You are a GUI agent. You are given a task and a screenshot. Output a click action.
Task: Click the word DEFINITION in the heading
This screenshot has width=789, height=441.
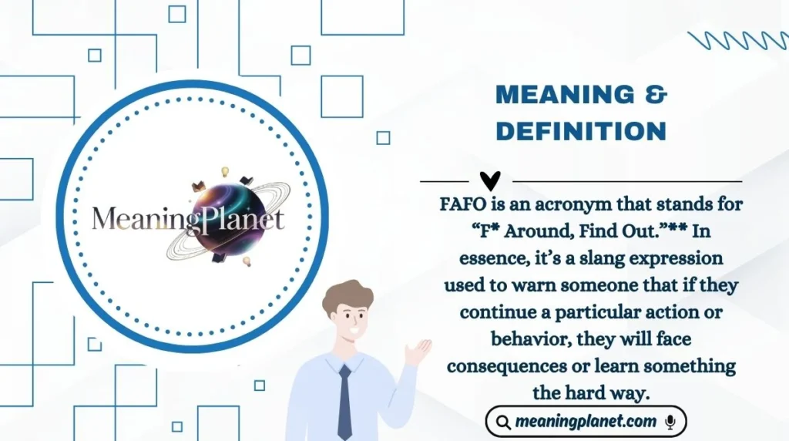581,131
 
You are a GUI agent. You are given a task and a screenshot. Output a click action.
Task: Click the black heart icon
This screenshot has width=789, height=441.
490,180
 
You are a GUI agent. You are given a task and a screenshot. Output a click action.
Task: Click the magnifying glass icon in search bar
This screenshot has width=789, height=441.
502,422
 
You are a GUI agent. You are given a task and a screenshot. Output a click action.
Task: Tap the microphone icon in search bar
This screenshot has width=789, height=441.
670,422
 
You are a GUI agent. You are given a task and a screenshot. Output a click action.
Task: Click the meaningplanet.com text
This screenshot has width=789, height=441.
586,422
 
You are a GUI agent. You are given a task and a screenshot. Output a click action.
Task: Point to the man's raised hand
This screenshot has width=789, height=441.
417,352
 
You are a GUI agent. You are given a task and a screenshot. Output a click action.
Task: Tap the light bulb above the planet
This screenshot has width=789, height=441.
226,171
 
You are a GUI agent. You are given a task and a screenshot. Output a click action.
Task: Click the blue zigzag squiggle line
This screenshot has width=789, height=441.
737,40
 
